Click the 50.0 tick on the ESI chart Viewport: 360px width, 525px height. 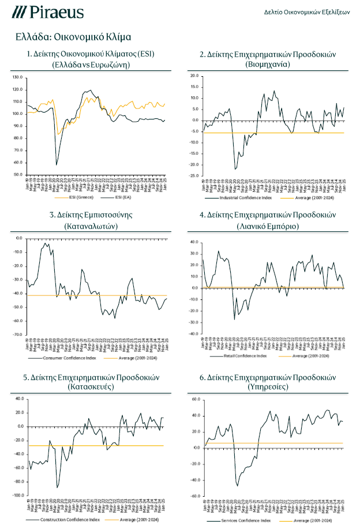coord(17,174)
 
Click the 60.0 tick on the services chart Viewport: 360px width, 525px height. coord(194,399)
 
